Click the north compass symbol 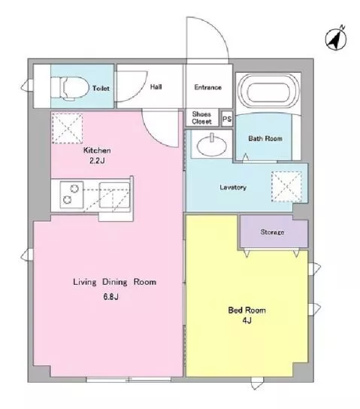[336, 38]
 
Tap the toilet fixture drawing [69, 88]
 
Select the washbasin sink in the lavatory [212, 146]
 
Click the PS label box [227, 120]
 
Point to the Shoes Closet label [201, 117]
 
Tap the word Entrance [207, 87]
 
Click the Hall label [156, 87]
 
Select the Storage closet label [272, 232]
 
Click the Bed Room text [247, 311]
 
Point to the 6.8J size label [110, 296]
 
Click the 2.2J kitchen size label [97, 161]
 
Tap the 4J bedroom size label [247, 320]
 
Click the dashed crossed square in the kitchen [67, 129]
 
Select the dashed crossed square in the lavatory [286, 186]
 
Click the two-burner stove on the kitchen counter [71, 195]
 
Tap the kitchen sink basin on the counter [114, 195]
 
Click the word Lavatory [233, 187]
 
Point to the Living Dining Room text [114, 282]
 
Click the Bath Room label [265, 138]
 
